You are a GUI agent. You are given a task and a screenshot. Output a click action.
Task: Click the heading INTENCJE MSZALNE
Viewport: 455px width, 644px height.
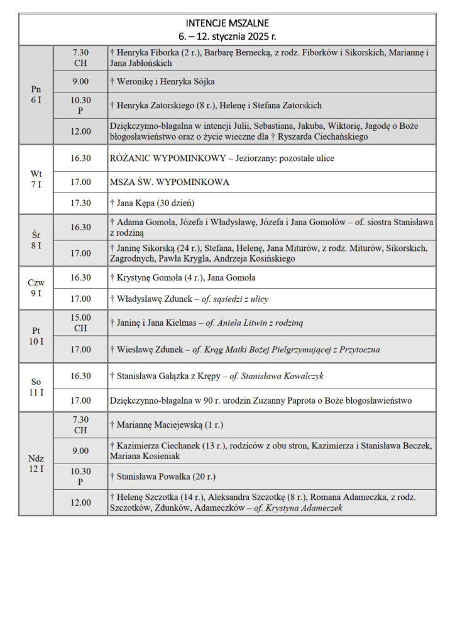click(x=227, y=23)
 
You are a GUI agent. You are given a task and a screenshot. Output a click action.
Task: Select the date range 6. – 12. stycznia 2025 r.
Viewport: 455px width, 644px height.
click(x=227, y=36)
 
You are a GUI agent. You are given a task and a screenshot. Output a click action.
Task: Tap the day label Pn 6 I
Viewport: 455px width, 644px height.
click(x=36, y=94)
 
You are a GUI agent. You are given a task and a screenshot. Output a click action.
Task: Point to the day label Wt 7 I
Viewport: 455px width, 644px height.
click(x=36, y=179)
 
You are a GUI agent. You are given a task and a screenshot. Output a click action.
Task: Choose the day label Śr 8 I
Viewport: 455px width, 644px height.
click(x=36, y=240)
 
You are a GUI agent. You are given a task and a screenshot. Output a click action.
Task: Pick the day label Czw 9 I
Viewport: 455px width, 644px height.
click(x=36, y=287)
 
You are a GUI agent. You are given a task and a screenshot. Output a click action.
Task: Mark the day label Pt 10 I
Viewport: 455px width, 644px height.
click(x=36, y=335)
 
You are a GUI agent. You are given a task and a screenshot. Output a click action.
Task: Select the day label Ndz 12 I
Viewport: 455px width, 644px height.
click(x=36, y=463)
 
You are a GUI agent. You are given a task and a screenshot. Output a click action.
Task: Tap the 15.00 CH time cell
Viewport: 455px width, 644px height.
click(x=80, y=323)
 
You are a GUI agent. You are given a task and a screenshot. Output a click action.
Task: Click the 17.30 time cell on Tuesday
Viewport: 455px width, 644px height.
click(x=80, y=203)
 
